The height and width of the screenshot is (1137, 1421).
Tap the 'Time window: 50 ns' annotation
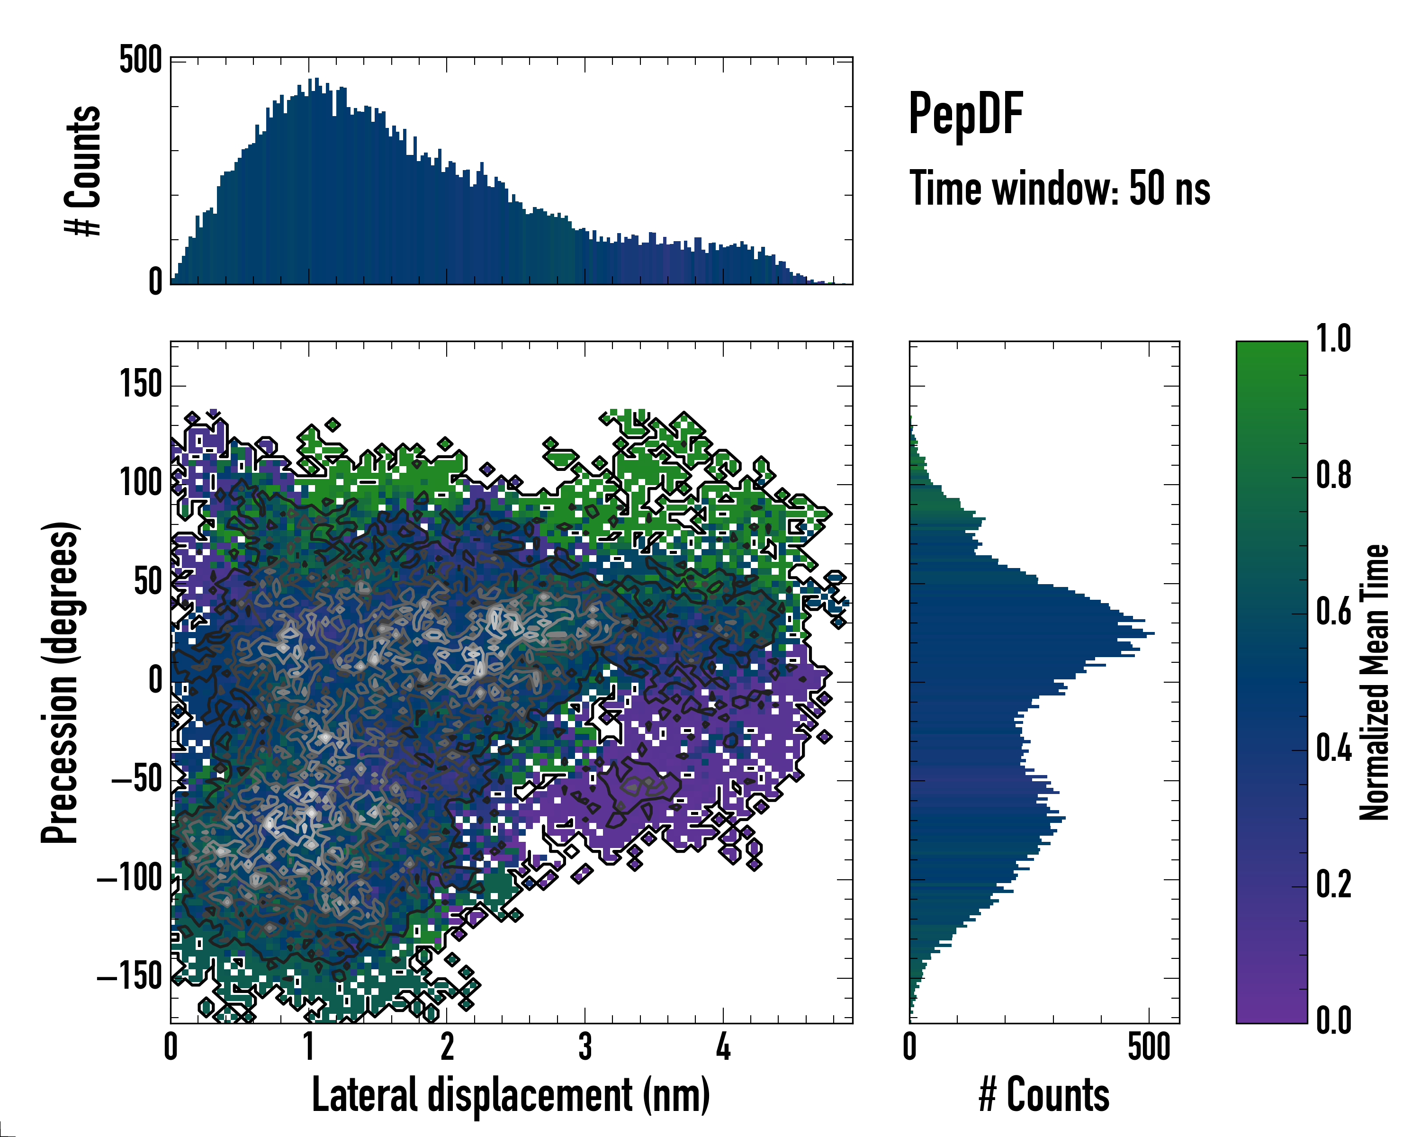pyautogui.click(x=1059, y=189)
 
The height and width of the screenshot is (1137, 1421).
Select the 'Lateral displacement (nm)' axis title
pyautogui.click(x=511, y=1095)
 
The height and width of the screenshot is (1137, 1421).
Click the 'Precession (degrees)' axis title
pyautogui.click(x=60, y=682)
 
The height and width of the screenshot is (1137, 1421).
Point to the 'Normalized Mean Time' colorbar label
pyautogui.click(x=1374, y=682)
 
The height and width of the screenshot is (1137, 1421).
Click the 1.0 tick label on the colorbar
pyautogui.click(x=1333, y=339)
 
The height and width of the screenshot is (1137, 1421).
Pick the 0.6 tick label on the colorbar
pyautogui.click(x=1333, y=612)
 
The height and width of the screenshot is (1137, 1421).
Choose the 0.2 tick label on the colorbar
pyautogui.click(x=1333, y=884)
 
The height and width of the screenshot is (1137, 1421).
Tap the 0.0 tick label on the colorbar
pyautogui.click(x=1333, y=1020)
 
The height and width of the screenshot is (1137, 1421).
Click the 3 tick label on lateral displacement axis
pyautogui.click(x=585, y=1047)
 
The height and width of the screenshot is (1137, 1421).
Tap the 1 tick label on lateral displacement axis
pyautogui.click(x=308, y=1047)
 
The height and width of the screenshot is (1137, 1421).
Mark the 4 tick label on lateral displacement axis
pyautogui.click(x=723, y=1047)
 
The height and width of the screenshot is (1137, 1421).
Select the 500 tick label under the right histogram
pyautogui.click(x=1149, y=1047)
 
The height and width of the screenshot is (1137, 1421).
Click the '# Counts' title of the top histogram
pyautogui.click(x=83, y=170)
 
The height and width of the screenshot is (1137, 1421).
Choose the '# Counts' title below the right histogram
pyautogui.click(x=1044, y=1095)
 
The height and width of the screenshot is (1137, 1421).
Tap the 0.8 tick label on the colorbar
pyautogui.click(x=1333, y=475)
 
